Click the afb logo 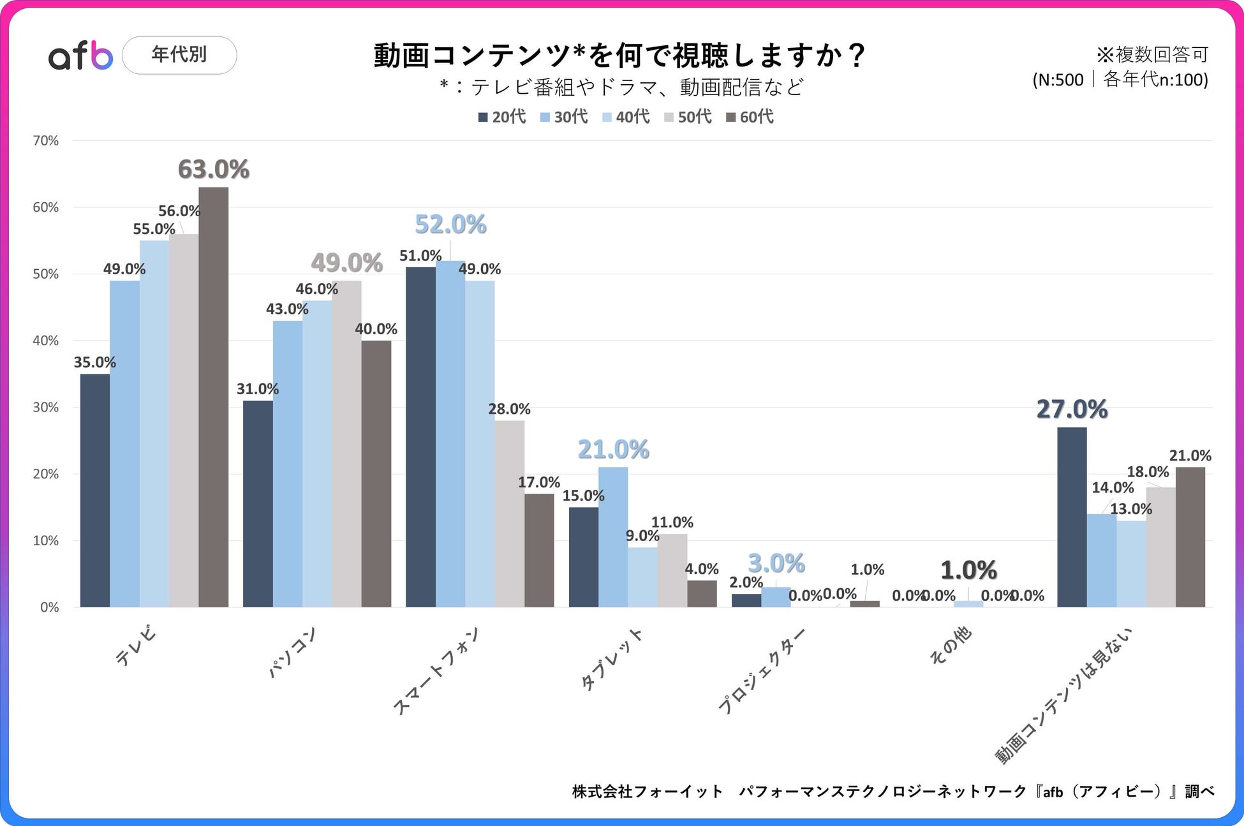[80, 55]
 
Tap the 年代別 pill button [179, 55]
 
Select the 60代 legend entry [750, 117]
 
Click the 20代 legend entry [502, 117]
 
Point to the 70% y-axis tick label [46, 140]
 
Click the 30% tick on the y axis [46, 407]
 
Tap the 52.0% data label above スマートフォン [450, 225]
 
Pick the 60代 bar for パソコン [376, 473]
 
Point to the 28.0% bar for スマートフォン [510, 513]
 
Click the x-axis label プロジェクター [762, 670]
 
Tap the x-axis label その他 [950, 645]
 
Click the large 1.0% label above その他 [968, 570]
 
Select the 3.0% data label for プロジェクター [776, 563]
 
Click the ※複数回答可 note [1152, 55]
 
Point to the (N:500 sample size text [1058, 80]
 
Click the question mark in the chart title [857, 55]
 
